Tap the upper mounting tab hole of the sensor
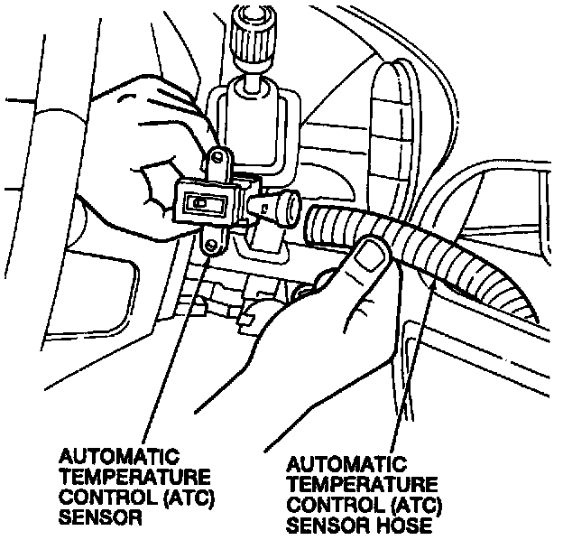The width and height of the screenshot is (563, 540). pos(217,162)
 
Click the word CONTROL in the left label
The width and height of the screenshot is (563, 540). pos(97,497)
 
